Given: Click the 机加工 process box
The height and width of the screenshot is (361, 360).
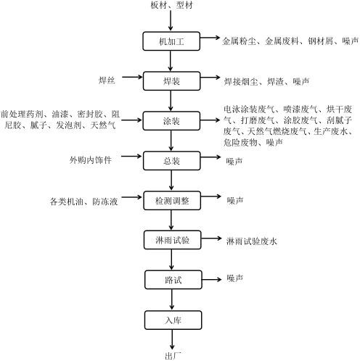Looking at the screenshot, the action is pos(171,41).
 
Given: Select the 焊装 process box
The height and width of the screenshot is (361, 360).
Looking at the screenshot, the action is pos(171,81).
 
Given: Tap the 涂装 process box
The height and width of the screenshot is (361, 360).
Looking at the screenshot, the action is pos(171,121).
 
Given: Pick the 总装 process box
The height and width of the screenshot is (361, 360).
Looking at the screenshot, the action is pos(172,161).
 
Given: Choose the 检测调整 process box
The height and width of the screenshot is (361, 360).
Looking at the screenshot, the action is pos(172,201).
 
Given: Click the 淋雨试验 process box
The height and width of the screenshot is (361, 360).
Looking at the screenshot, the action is pos(172,240).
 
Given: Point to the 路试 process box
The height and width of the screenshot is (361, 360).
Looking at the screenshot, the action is pos(173,280).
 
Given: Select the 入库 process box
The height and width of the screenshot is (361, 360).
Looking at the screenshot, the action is pos(173,320).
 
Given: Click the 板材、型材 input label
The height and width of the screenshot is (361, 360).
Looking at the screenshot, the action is pos(171,5).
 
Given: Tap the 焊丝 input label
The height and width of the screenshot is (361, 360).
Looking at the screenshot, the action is pos(107,80).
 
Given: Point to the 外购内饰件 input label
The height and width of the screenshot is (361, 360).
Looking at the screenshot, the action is pos(91,159).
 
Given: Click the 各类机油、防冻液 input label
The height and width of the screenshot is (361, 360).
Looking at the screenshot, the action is pos(83,202).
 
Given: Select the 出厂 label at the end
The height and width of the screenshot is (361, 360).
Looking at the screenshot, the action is pos(173,356).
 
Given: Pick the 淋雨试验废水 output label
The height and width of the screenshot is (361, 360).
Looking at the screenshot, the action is pos(252,241).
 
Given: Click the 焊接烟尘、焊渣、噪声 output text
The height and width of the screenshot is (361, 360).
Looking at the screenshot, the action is pos(266,82).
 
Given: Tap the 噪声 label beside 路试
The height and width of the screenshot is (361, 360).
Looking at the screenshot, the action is pos(234,278).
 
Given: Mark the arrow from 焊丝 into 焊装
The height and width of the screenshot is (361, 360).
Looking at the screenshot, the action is pos(132,77).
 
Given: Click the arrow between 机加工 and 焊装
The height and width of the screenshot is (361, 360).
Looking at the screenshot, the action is pos(171,61).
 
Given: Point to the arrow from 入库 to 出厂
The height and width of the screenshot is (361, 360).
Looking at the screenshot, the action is pos(172,339).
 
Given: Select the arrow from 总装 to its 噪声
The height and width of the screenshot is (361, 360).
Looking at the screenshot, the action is pos(210,157).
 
